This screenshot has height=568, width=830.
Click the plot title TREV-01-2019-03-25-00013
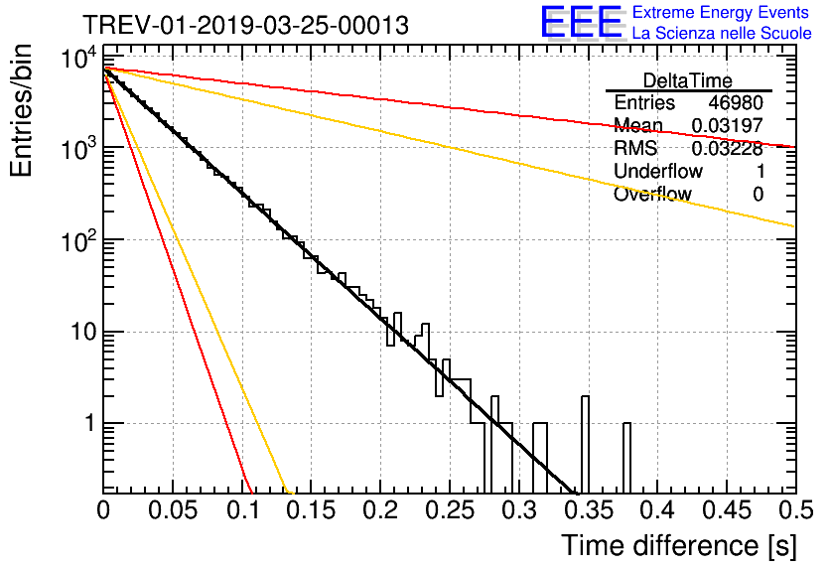(245, 25)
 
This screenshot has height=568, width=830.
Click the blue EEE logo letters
(581, 24)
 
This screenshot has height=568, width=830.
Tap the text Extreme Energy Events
(722, 13)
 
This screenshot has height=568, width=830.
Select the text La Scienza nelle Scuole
(722, 34)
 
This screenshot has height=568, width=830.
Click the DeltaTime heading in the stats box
(688, 80)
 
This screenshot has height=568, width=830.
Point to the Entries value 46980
(736, 103)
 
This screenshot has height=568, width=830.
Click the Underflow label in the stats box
(658, 172)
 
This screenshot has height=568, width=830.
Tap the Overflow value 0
(758, 195)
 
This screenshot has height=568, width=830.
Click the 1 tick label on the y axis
(86, 424)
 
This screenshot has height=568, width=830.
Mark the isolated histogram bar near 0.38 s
(626, 457)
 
